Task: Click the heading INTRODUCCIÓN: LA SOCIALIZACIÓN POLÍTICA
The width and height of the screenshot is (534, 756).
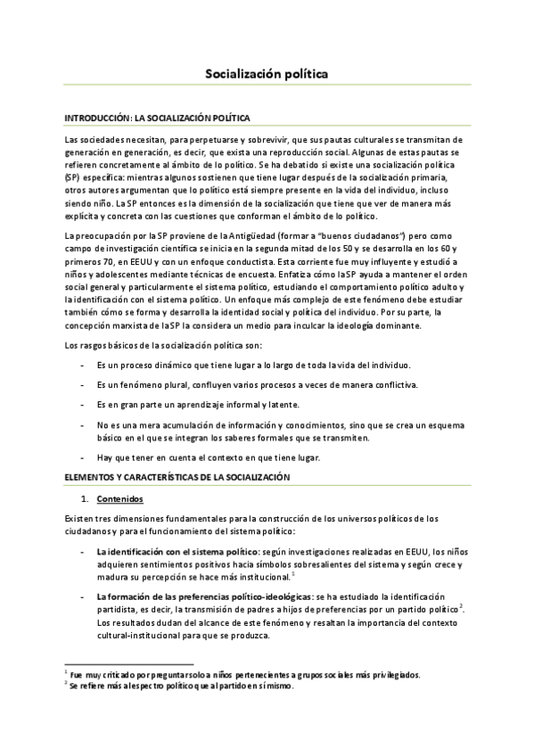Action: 158,118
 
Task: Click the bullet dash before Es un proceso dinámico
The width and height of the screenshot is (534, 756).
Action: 83,366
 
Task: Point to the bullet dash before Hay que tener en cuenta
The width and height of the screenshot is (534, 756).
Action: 83,457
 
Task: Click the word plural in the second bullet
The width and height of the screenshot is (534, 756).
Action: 172,384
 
